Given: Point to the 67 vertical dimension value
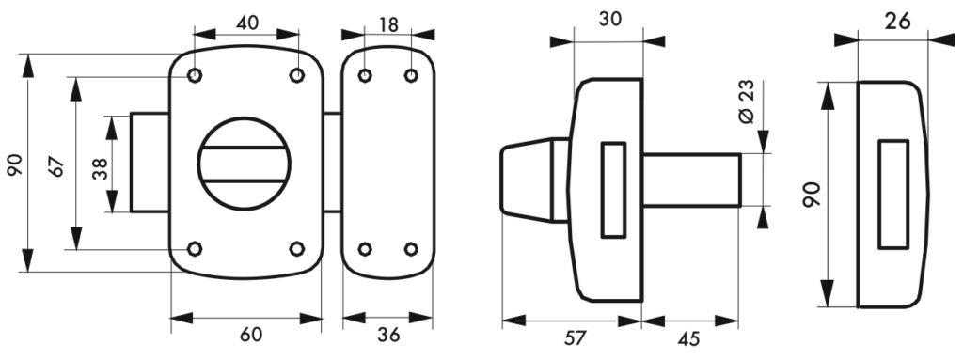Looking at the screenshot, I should click(55, 165).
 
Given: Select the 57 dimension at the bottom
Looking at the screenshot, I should click(573, 336).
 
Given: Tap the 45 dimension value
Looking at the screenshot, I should click(689, 336).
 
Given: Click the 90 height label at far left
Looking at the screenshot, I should click(14, 165).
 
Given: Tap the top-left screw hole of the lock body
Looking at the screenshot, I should click(195, 76).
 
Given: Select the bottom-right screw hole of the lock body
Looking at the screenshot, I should click(297, 249).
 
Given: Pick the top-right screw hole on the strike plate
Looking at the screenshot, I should click(411, 75).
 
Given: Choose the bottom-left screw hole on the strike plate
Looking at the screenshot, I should click(366, 249).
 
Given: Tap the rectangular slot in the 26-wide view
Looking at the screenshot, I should click(892, 194).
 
